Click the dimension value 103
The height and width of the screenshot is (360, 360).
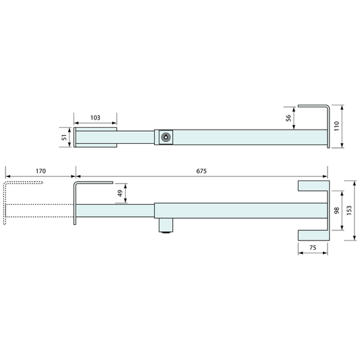[95, 118]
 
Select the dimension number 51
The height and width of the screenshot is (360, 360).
[64, 137]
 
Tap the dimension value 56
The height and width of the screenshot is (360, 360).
[288, 118]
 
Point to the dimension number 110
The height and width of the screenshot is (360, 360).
[336, 126]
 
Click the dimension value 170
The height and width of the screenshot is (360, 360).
[41, 171]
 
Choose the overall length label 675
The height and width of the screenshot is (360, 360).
[201, 171]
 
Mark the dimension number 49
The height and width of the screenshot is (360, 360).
[120, 193]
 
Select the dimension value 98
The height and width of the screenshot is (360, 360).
[336, 211]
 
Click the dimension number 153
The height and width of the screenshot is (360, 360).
[349, 211]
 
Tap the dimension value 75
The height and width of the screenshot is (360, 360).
[313, 248]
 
